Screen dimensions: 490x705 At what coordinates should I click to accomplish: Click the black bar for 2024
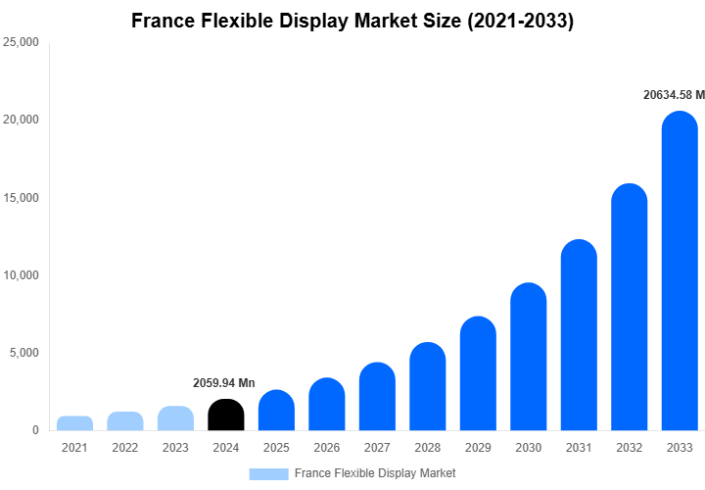226,415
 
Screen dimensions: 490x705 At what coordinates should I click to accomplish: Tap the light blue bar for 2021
74,423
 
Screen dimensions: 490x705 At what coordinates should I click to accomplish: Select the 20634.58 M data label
672,95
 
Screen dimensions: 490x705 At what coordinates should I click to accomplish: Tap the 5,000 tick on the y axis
23,353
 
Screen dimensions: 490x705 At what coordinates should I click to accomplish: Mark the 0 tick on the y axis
34,430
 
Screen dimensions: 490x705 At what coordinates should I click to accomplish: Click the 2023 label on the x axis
175,448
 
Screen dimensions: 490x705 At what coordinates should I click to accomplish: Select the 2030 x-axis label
529,448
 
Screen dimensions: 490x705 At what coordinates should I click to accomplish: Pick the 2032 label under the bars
630,448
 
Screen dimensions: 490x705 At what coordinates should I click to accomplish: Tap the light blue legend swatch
268,473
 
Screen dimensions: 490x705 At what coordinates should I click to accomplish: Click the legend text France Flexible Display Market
375,473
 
